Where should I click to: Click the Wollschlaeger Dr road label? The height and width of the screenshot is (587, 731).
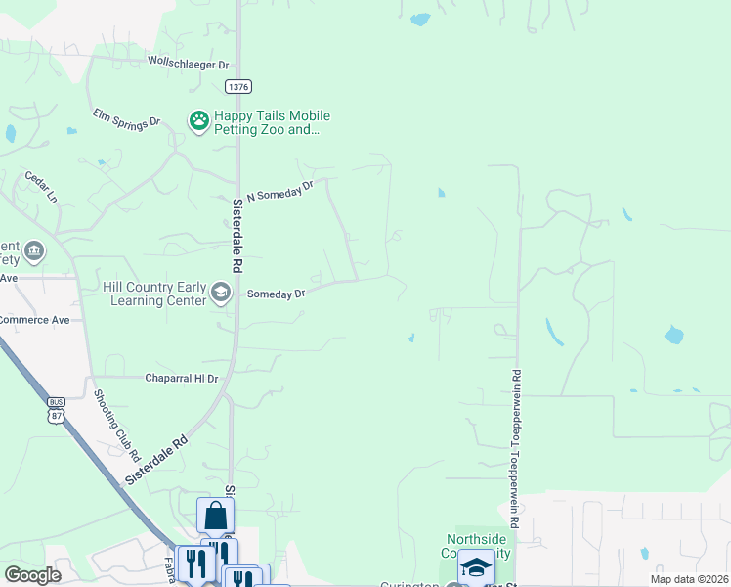[188, 63]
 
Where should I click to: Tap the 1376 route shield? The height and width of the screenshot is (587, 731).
[237, 87]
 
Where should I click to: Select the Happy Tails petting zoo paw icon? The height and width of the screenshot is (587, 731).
[199, 121]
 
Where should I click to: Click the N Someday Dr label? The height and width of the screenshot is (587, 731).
[279, 190]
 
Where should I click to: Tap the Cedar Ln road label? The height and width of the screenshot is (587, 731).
[41, 186]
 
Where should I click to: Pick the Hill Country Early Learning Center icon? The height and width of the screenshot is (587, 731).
[222, 293]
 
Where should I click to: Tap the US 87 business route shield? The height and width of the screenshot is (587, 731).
[56, 410]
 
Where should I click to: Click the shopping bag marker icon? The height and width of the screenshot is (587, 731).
[215, 516]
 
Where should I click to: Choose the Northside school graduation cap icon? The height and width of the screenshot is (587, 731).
[476, 567]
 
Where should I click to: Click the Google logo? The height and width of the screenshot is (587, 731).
[33, 575]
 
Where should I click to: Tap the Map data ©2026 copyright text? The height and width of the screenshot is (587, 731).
[688, 579]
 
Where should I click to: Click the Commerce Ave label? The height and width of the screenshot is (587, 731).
[35, 320]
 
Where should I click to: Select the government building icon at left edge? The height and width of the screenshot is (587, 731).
[35, 251]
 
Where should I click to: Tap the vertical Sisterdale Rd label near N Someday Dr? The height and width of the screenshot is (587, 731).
[236, 236]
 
